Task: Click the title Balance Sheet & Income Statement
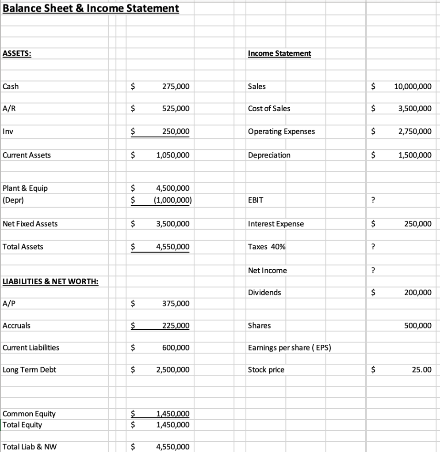pyautogui.click(x=91, y=8)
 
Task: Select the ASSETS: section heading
pyautogui.click(x=17, y=53)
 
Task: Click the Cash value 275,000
pyautogui.click(x=175, y=87)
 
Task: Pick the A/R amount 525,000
pyautogui.click(x=175, y=109)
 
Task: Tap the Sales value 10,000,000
pyautogui.click(x=412, y=87)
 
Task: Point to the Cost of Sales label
pyautogui.click(x=269, y=109)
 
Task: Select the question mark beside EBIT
pyautogui.click(x=374, y=200)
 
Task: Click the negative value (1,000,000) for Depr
pyautogui.click(x=172, y=200)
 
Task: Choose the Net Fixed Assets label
pyautogui.click(x=30, y=224)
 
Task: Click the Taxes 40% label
pyautogui.click(x=267, y=247)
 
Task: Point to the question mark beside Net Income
pyautogui.click(x=374, y=271)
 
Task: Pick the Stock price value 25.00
pyautogui.click(x=421, y=369)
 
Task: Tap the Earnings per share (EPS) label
pyautogui.click(x=290, y=348)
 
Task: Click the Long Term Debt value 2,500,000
pyautogui.click(x=173, y=369)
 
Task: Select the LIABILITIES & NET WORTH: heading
pyautogui.click(x=50, y=281)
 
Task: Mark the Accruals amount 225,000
pyautogui.click(x=175, y=326)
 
